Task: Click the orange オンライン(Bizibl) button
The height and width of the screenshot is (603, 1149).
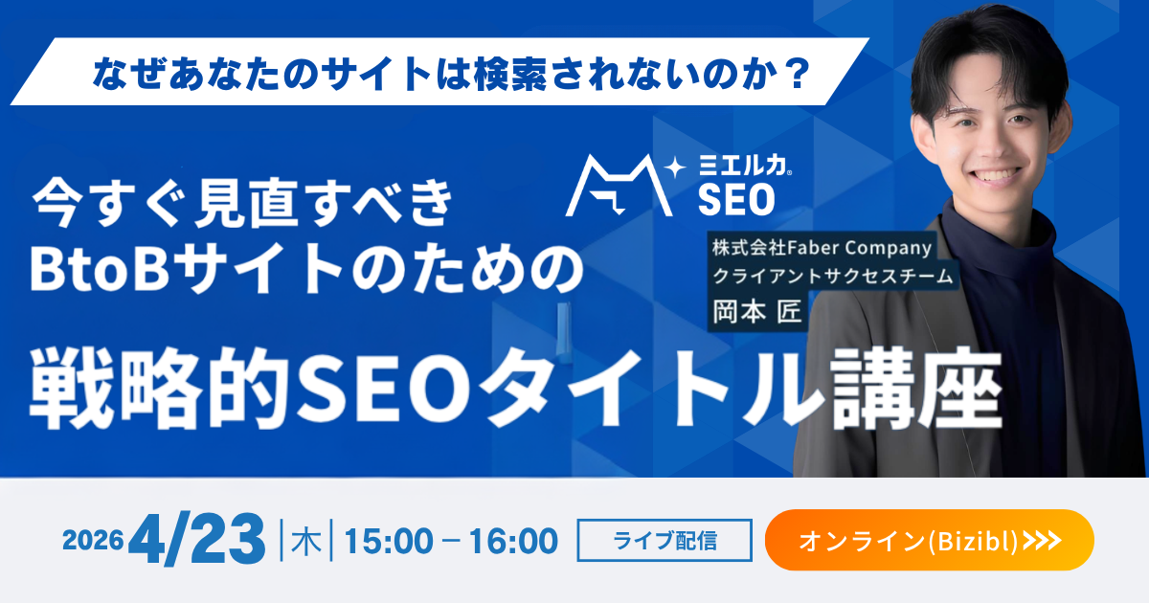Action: [x=929, y=541]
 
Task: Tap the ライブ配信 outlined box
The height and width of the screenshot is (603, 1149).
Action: [x=665, y=541]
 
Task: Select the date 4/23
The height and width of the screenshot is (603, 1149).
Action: [x=200, y=540]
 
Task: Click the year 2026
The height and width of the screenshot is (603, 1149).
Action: [x=93, y=541]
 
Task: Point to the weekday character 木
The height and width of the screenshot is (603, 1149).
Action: [x=305, y=542]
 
